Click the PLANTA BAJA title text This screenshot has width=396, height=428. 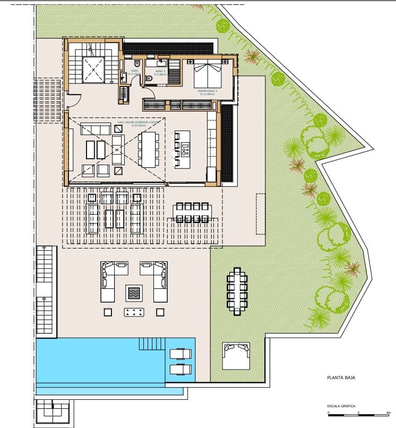340,379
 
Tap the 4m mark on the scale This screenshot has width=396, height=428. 389,413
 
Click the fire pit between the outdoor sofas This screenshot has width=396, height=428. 134,292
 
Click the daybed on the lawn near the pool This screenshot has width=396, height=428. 237,356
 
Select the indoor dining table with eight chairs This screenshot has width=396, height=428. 148,149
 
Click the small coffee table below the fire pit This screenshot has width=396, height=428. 134,312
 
